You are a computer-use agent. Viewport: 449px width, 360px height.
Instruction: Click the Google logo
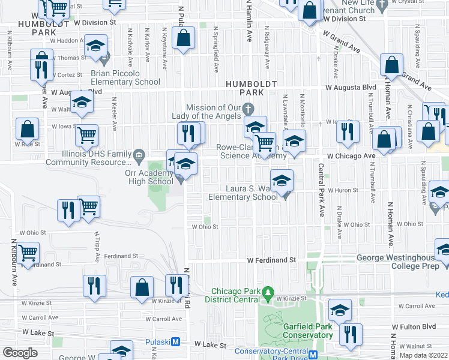[20, 353]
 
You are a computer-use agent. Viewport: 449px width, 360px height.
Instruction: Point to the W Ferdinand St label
[273, 260]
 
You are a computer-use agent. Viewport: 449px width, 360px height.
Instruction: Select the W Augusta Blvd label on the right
[351, 87]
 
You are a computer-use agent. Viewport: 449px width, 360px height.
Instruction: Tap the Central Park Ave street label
[321, 189]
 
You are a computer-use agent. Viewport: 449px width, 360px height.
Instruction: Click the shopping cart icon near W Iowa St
[87, 135]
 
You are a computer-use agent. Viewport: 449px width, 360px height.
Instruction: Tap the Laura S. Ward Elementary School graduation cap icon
[282, 179]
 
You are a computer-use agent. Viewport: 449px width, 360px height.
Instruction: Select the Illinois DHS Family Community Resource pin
[139, 155]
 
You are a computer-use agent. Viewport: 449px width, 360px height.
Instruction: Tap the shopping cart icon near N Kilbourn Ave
[28, 252]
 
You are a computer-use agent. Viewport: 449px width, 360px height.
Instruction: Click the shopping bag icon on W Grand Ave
[391, 65]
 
